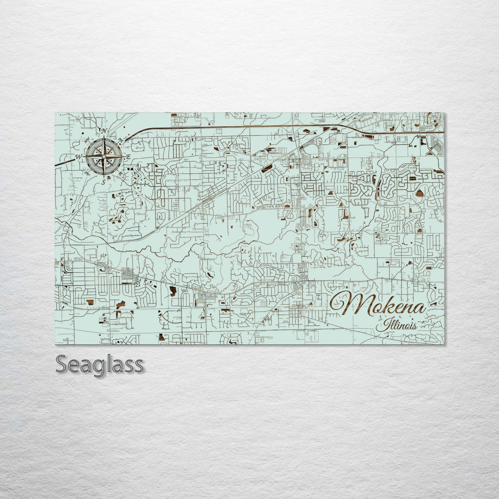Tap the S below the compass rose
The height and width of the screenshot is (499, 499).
pos(103,182)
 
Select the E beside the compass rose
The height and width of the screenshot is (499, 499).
pos(128,157)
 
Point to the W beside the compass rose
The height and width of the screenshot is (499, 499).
pos(79,157)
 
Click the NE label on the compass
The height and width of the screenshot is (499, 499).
pos(121,140)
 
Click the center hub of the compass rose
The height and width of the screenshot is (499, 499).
pos(103,156)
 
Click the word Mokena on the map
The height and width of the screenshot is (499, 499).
pos(378,304)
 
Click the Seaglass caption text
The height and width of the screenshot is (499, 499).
pos(99,364)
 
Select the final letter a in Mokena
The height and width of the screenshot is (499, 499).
pos(421,307)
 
